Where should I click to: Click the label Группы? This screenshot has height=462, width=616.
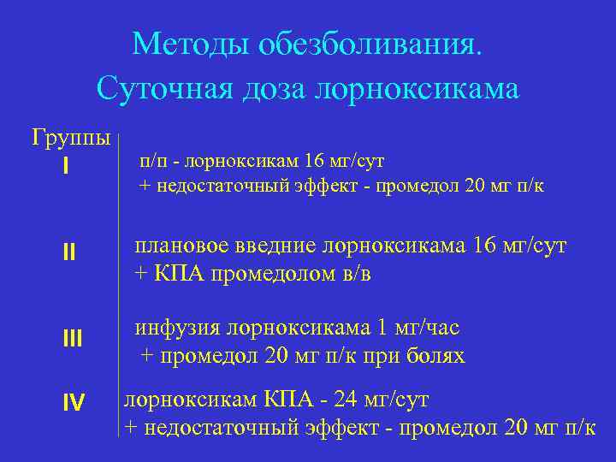click(x=71, y=137)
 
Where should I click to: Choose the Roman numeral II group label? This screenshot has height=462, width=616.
click(x=69, y=252)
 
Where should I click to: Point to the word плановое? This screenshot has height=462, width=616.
click(x=178, y=247)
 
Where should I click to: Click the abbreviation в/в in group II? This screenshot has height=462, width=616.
click(x=355, y=274)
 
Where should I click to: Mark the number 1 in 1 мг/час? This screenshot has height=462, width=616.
click(x=382, y=328)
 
